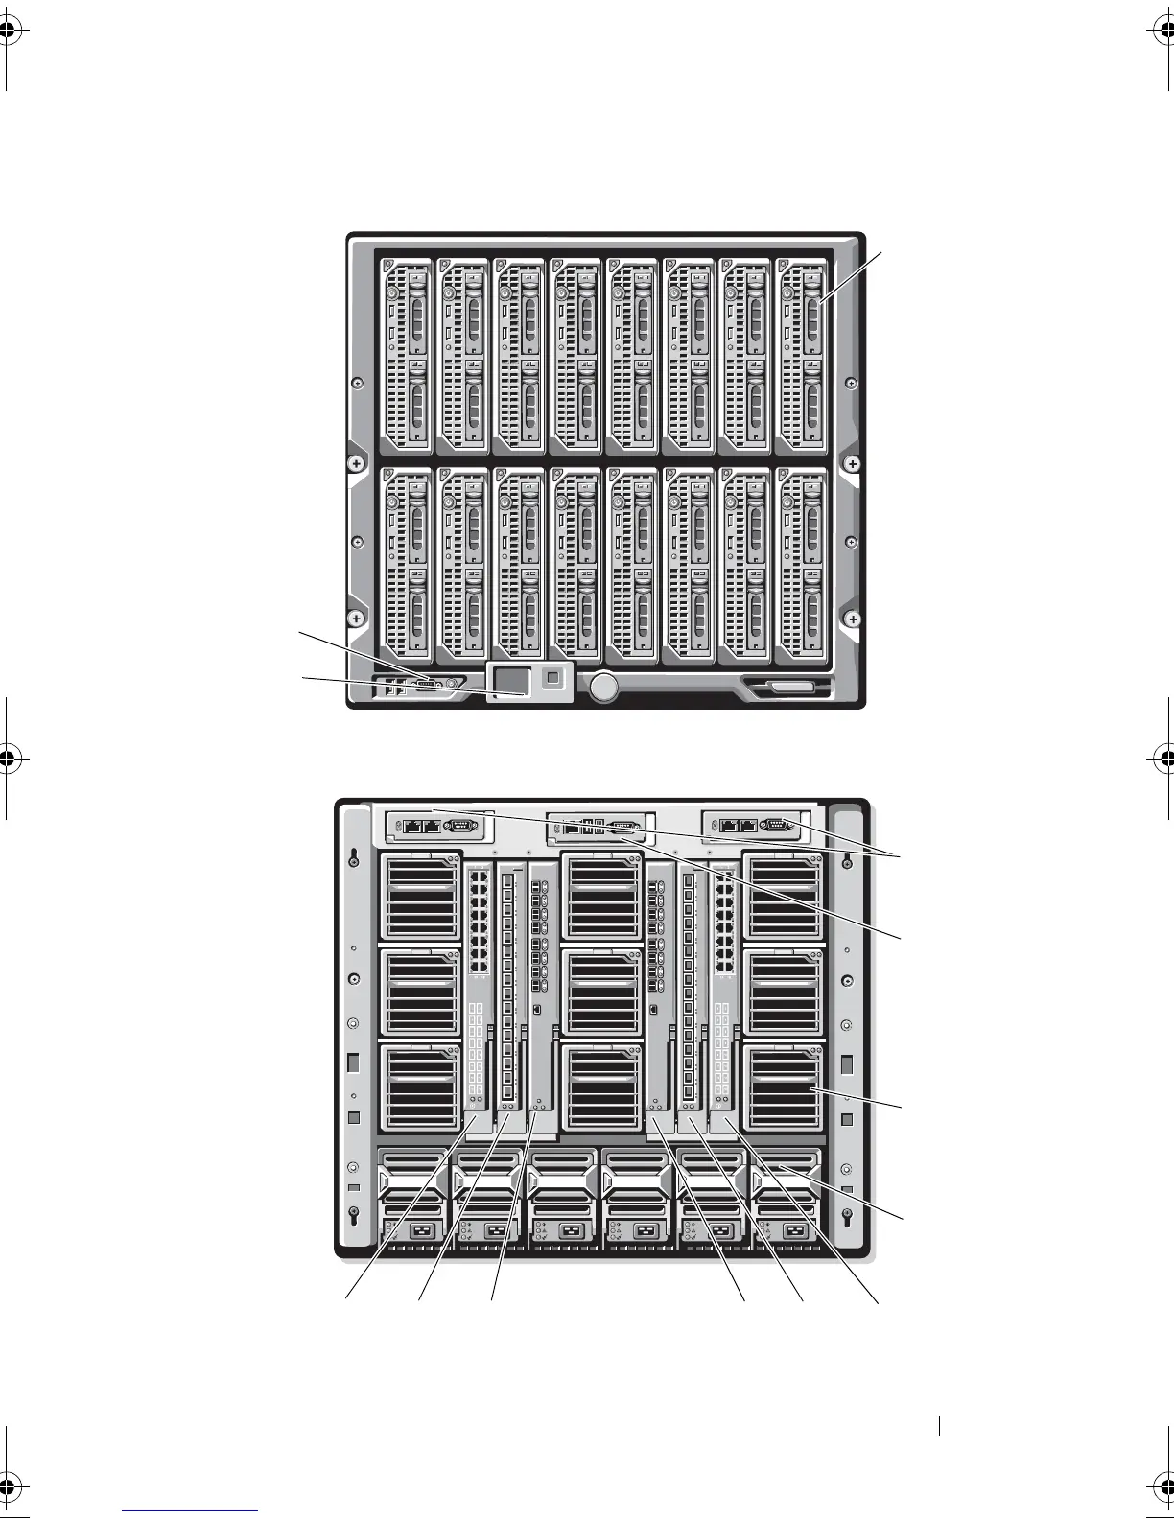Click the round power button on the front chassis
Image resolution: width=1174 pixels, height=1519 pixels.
604,687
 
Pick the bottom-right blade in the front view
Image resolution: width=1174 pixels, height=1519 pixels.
801,565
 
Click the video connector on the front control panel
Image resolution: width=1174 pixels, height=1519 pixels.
427,683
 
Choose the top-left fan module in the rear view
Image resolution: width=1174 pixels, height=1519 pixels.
422,897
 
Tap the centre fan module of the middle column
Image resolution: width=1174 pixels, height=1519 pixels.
602,993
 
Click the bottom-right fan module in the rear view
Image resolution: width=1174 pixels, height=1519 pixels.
783,1088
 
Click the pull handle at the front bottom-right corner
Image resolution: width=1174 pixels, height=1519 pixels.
787,687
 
